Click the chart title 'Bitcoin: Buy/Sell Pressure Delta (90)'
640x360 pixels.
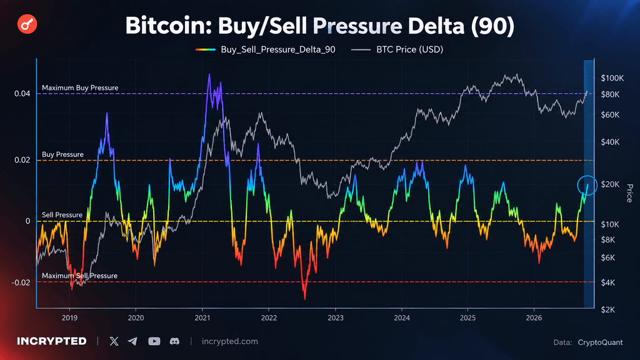coord(319,25)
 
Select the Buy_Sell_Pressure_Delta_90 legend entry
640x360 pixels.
coord(265,49)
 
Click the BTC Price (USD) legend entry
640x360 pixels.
coord(397,49)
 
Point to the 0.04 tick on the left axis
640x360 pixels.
coord(22,94)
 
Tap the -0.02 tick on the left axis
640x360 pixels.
coord(21,282)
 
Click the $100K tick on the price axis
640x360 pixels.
coord(612,78)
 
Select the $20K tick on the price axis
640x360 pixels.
coord(610,184)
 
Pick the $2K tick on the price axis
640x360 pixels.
coord(607,310)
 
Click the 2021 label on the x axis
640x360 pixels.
coord(202,318)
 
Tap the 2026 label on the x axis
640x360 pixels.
coord(534,318)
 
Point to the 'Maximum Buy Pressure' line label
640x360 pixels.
coord(80,87)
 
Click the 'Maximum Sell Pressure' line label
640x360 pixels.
coord(79,276)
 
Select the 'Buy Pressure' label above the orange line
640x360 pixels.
coord(62,154)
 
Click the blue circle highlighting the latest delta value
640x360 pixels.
coord(587,176)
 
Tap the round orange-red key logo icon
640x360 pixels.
coord(27,24)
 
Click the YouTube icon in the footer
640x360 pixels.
coord(154,341)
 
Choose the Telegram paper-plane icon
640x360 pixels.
coord(132,341)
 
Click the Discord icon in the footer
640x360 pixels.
coord(175,341)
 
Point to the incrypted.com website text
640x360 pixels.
coord(230,341)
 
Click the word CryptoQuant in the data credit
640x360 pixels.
coord(601,342)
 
